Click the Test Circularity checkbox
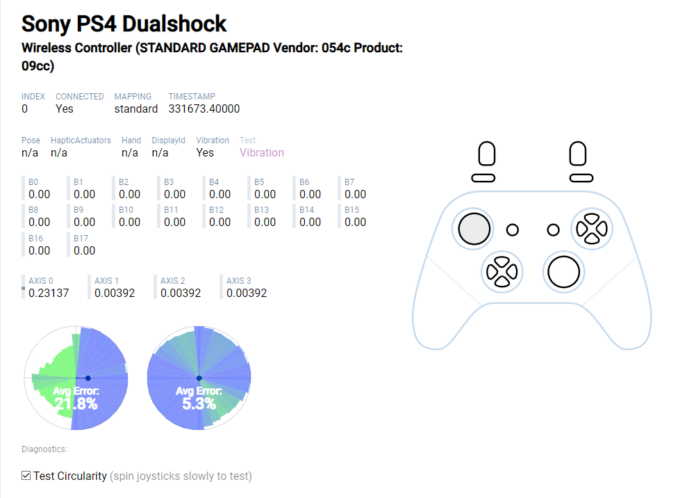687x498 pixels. pyautogui.click(x=26, y=476)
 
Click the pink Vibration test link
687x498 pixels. pyautogui.click(x=262, y=152)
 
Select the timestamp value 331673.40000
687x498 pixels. pyautogui.click(x=204, y=109)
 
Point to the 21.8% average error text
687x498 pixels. pyautogui.click(x=76, y=403)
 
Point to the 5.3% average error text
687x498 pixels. pyautogui.click(x=199, y=403)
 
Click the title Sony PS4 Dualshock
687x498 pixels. pyautogui.click(x=124, y=24)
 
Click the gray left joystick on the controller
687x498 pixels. pyautogui.click(x=474, y=228)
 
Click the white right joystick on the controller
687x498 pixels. pyautogui.click(x=563, y=271)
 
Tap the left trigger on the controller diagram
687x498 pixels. pyautogui.click(x=487, y=154)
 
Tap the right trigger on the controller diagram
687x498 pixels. pyautogui.click(x=578, y=154)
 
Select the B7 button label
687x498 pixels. pyautogui.click(x=349, y=182)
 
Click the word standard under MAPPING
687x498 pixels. pyautogui.click(x=136, y=109)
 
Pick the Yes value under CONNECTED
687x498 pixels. pyautogui.click(x=65, y=109)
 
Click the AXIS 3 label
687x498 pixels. pyautogui.click(x=239, y=280)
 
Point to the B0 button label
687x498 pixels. pyautogui.click(x=33, y=182)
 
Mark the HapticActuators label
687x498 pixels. pyautogui.click(x=81, y=140)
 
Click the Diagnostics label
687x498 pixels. pyautogui.click(x=44, y=449)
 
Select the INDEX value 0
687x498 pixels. pyautogui.click(x=25, y=109)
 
